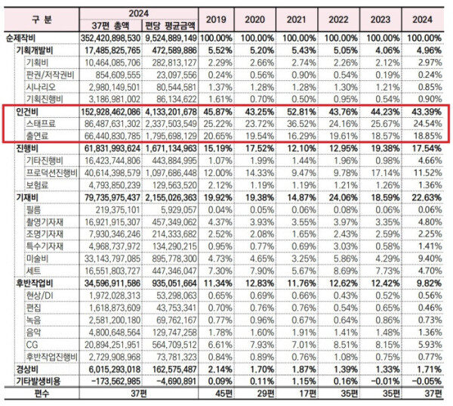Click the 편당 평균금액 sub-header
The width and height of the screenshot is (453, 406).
coord(170,26)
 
